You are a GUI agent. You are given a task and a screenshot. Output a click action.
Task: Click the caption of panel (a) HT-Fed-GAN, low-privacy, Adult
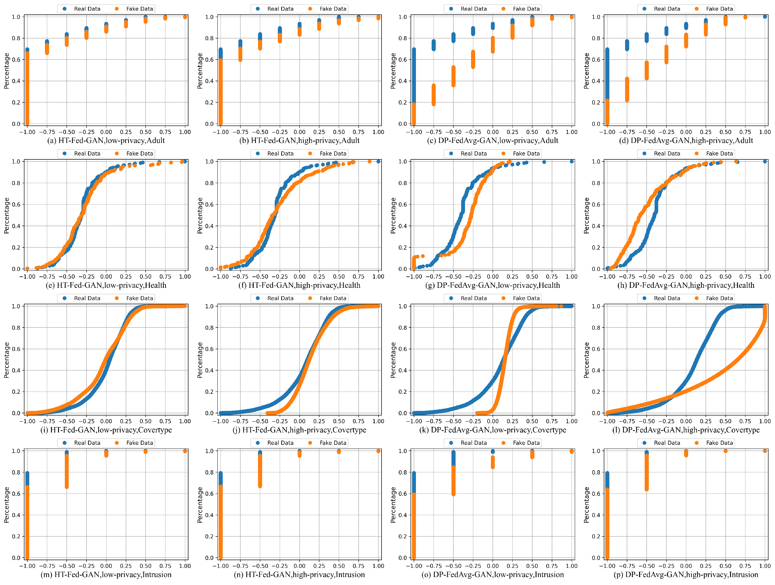[106, 141]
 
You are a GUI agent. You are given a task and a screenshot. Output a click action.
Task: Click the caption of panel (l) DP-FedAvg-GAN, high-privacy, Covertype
[686, 430]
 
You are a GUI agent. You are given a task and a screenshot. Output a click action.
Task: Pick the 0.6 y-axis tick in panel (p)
[596, 494]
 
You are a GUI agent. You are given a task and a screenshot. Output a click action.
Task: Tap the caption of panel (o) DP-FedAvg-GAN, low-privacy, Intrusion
[492, 575]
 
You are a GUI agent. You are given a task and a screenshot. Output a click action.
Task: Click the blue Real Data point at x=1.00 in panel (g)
[571, 162]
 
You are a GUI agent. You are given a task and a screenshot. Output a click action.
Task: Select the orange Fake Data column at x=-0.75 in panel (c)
[433, 95]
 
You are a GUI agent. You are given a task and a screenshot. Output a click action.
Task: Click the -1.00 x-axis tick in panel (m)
[27, 566]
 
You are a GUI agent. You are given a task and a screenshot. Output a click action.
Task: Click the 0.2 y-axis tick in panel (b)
[209, 102]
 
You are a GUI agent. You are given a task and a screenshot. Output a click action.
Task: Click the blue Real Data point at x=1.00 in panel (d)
[765, 17]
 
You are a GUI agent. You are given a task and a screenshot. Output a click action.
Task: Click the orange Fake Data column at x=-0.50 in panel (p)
[646, 472]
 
